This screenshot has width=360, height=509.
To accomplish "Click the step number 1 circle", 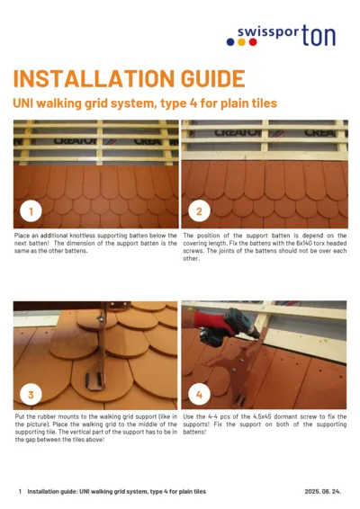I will coord(31,212).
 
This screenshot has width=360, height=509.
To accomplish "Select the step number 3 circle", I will coord(31,394).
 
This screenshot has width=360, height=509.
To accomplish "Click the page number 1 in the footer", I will coord(20,492).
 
